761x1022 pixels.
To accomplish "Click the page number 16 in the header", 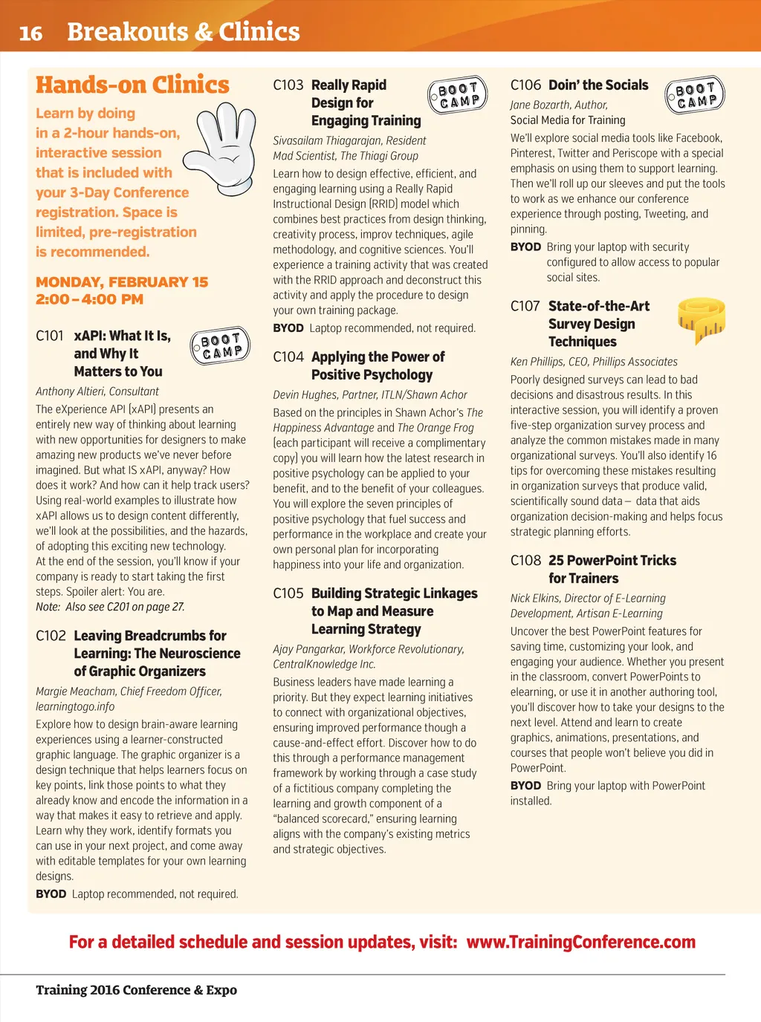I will click(30, 33).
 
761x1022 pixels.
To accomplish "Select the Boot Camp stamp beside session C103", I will click(458, 95).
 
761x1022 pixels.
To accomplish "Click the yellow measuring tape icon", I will click(701, 319).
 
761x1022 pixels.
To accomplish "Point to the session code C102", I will click(51, 636).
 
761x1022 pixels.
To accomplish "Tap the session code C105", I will click(288, 593).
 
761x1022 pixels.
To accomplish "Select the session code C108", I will click(525, 561).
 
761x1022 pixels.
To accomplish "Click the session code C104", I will click(288, 357).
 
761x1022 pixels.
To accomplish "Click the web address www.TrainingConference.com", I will click(580, 943).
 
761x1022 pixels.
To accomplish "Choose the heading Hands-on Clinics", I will click(132, 85).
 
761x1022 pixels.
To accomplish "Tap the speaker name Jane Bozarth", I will click(540, 105).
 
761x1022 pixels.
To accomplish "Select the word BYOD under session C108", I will click(525, 786).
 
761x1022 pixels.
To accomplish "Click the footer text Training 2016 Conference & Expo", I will click(136, 990).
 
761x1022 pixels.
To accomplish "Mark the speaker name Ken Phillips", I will click(537, 362).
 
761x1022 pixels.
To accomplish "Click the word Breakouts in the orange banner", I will click(127, 32).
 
